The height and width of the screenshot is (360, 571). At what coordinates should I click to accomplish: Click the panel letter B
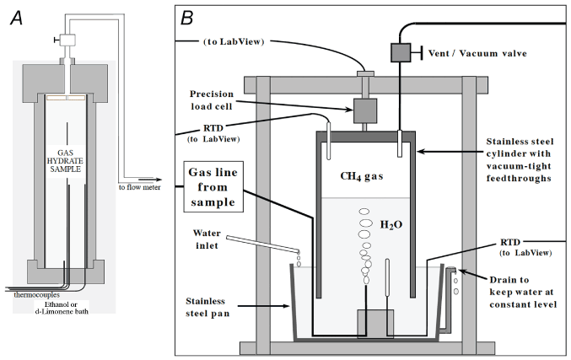tap(188, 14)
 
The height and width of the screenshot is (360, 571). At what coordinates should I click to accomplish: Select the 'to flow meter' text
tap(137, 187)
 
